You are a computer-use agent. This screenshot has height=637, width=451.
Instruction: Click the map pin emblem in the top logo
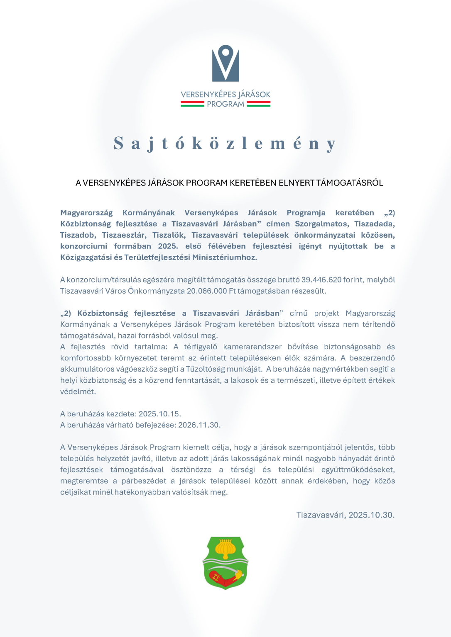pyautogui.click(x=225, y=63)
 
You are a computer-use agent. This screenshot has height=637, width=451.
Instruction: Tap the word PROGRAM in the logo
pyautogui.click(x=225, y=104)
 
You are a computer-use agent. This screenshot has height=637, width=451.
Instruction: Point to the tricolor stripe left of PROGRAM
pyautogui.click(x=192, y=104)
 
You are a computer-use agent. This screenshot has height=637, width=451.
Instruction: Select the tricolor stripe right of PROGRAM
pyautogui.click(x=258, y=104)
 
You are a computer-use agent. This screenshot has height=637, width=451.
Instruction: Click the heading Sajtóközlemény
pyautogui.click(x=225, y=143)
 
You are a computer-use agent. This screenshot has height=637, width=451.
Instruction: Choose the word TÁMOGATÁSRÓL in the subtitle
pyautogui.click(x=350, y=183)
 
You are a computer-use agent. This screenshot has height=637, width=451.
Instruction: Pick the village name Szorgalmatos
pyautogui.click(x=321, y=224)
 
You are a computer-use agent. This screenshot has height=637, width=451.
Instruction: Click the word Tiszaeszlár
pyautogui.click(x=124, y=235)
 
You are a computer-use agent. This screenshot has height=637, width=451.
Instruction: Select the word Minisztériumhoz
pyautogui.click(x=224, y=258)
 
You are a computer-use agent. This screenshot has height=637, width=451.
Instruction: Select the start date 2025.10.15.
pyautogui.click(x=159, y=414)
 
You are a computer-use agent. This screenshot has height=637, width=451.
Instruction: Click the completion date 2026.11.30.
pyautogui.click(x=199, y=425)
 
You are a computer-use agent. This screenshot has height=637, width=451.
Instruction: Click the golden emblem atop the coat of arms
pyautogui.click(x=225, y=549)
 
